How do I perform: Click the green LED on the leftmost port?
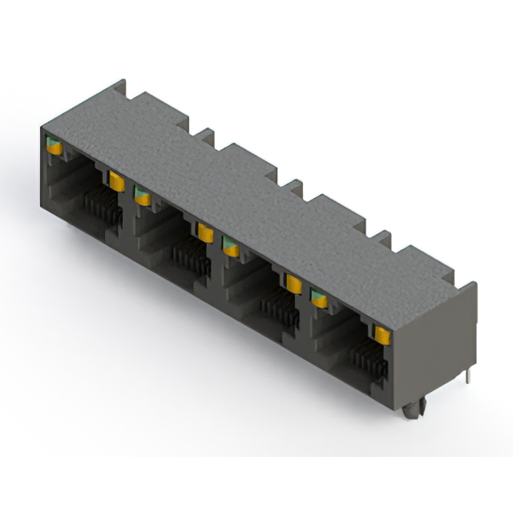55,147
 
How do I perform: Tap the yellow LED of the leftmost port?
116,181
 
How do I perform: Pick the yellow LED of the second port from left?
205,232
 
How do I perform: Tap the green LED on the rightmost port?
319,299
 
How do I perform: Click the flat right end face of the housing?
437,345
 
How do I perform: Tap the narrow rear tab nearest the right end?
382,237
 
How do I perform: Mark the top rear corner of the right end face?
475,285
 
